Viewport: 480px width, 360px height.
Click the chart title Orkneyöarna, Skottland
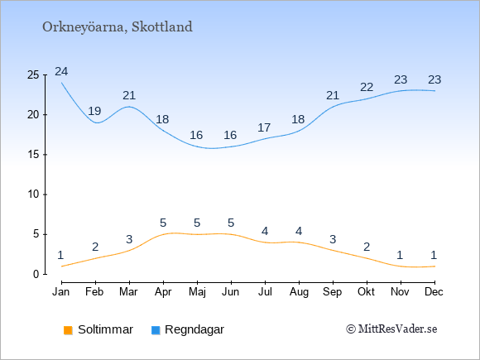coord(118,27)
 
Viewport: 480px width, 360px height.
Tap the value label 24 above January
coord(61,72)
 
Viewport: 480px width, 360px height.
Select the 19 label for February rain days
coord(94,111)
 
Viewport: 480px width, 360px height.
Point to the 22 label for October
coord(367,87)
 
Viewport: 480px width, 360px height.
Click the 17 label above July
coord(264,127)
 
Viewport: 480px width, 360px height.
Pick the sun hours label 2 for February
coord(95,247)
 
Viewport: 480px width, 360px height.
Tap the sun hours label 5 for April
coord(163,223)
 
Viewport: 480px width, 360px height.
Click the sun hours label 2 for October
coord(367,247)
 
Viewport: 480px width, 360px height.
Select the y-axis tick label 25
coord(33,75)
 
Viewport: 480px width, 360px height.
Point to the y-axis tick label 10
coord(33,194)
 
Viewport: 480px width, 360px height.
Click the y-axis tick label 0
coord(36,274)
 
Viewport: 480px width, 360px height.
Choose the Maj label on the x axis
coord(197,292)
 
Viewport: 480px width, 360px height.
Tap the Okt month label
coord(366,292)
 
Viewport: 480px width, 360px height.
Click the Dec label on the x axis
coord(434,292)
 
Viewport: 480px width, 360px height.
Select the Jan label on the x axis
coord(61,292)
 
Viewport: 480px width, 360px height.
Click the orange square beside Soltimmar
coord(68,330)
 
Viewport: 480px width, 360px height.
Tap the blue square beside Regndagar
coord(156,330)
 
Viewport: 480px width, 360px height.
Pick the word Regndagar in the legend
coord(194,329)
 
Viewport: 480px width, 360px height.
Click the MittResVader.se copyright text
coord(391,329)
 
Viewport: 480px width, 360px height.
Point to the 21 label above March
coord(129,95)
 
